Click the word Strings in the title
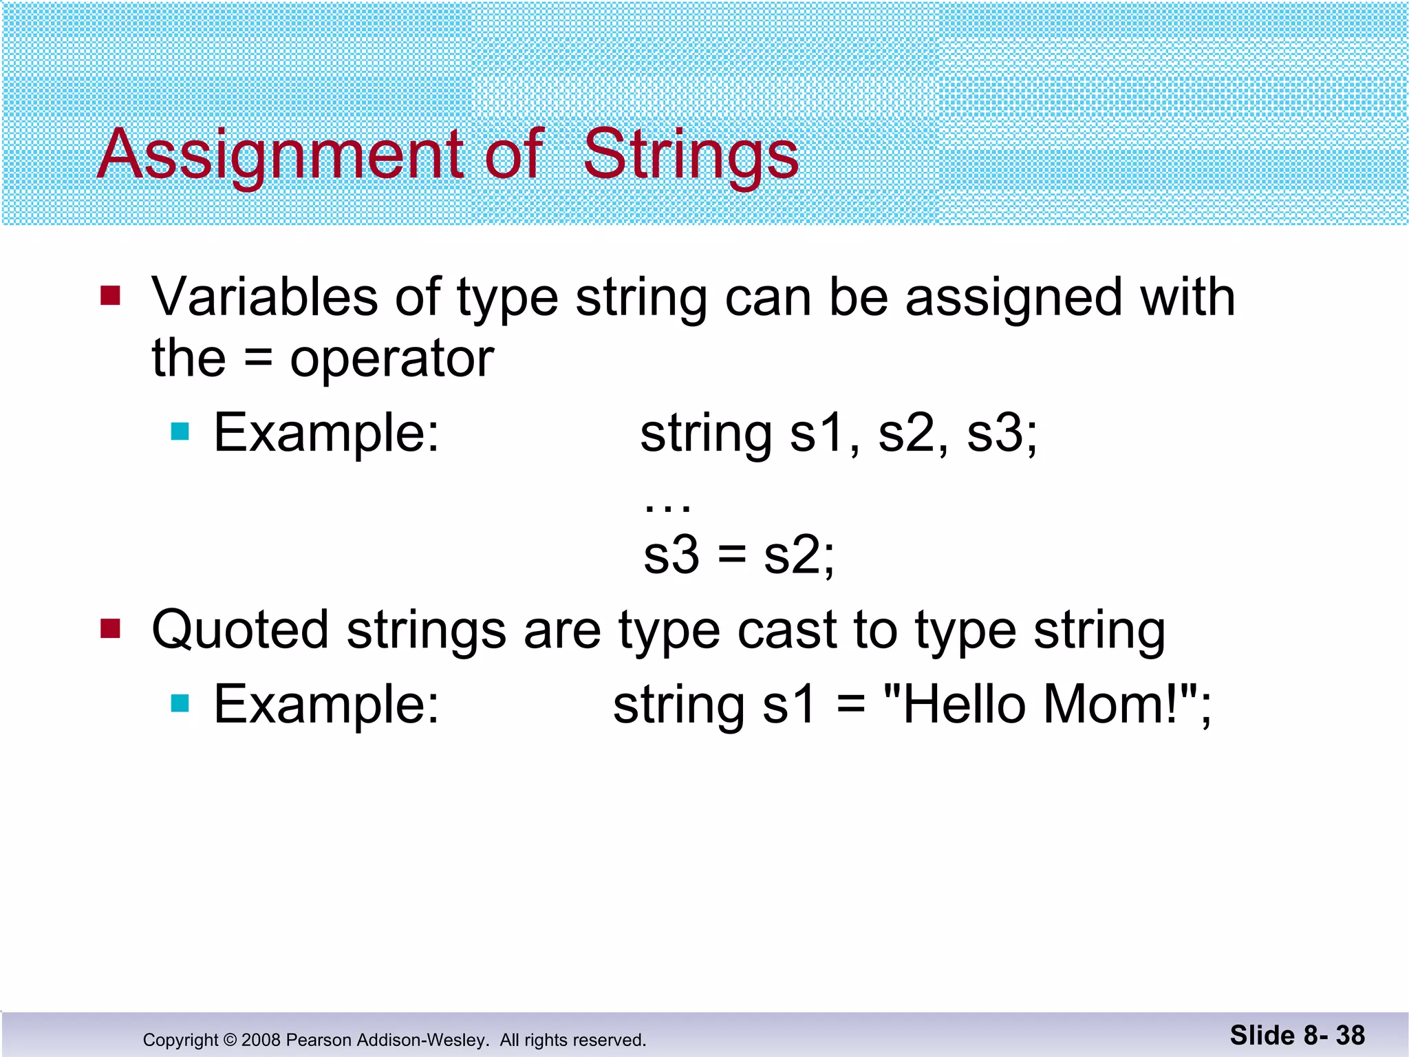(x=691, y=155)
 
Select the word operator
(x=391, y=359)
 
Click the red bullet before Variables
(x=110, y=296)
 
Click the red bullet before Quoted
(x=110, y=628)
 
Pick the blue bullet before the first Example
(x=180, y=432)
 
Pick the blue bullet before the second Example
(x=180, y=703)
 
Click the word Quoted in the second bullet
(x=240, y=630)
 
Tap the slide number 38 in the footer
(x=1350, y=1036)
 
